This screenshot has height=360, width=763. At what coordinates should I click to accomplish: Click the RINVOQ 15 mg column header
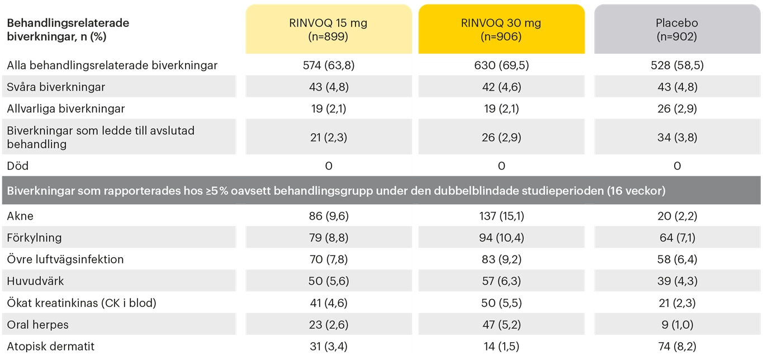click(x=329, y=30)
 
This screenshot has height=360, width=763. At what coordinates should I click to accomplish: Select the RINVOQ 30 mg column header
click(x=501, y=30)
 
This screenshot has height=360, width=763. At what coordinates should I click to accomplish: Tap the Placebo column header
click(x=677, y=30)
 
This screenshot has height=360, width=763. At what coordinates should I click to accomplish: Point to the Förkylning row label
click(x=34, y=238)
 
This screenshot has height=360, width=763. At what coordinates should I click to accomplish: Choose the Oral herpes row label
click(x=37, y=325)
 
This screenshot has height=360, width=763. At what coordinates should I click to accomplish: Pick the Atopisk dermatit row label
click(x=51, y=347)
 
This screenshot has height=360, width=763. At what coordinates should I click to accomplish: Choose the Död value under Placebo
click(x=677, y=166)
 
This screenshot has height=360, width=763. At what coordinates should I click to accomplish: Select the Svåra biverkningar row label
click(x=56, y=87)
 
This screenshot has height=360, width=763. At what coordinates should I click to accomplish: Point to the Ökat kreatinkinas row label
click(x=82, y=303)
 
